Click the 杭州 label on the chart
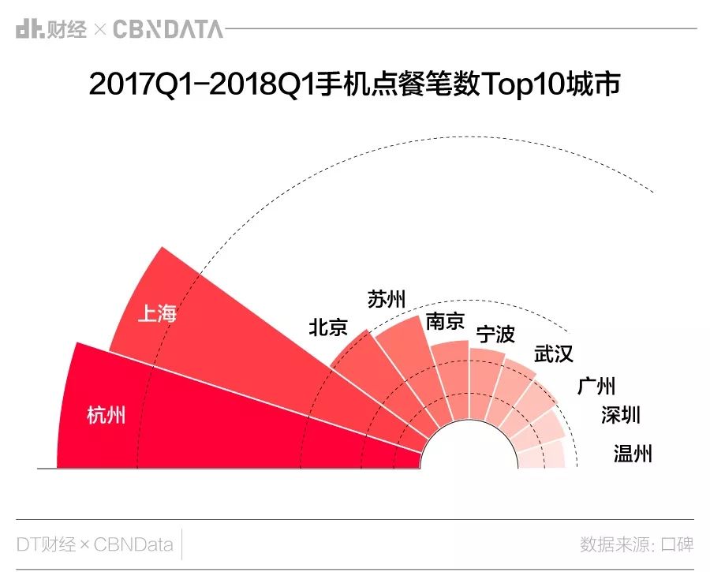point(106,415)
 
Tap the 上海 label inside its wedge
point(157,314)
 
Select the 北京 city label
point(328,327)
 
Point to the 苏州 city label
point(387,300)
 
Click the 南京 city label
point(446,322)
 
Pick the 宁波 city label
point(495,335)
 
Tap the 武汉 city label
point(554,353)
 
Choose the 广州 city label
point(596,386)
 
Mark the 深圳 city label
point(621,415)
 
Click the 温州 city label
point(633,454)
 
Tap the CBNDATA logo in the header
point(168,30)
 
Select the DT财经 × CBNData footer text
point(95,544)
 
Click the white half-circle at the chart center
point(469,450)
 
